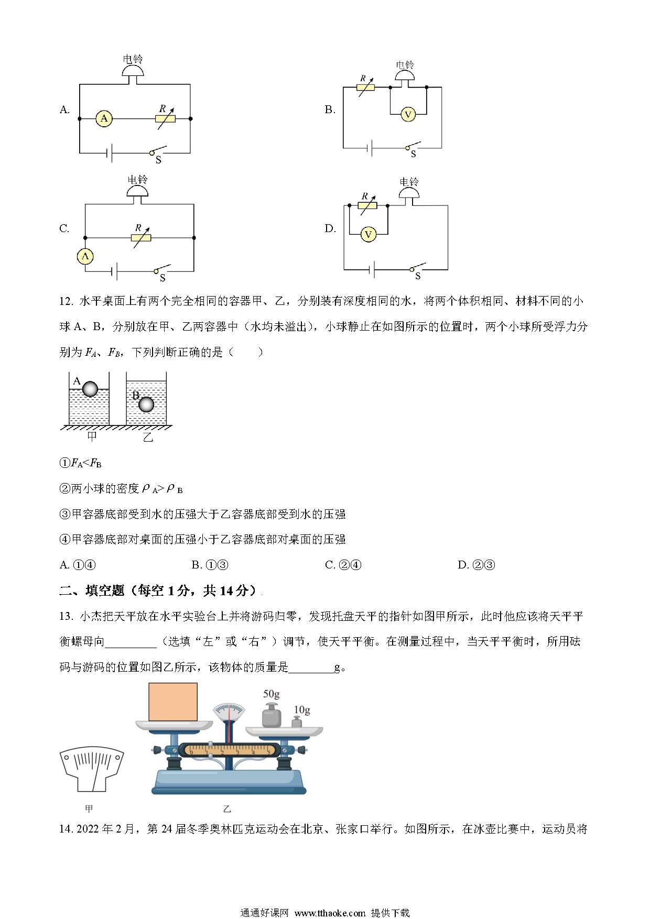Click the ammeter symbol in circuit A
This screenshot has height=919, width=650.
click(x=104, y=119)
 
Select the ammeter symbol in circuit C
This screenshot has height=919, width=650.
click(x=85, y=256)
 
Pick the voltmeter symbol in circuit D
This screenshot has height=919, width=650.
click(x=369, y=234)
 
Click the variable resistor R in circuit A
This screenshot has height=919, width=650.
click(x=165, y=118)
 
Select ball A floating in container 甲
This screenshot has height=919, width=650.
click(x=90, y=389)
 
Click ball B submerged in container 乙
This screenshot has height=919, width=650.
click(x=146, y=404)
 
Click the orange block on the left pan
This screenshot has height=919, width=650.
click(x=173, y=702)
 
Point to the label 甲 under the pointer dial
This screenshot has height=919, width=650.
click(x=89, y=809)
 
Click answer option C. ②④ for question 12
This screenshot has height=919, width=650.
click(x=343, y=565)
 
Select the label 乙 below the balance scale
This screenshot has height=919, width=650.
click(x=227, y=809)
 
